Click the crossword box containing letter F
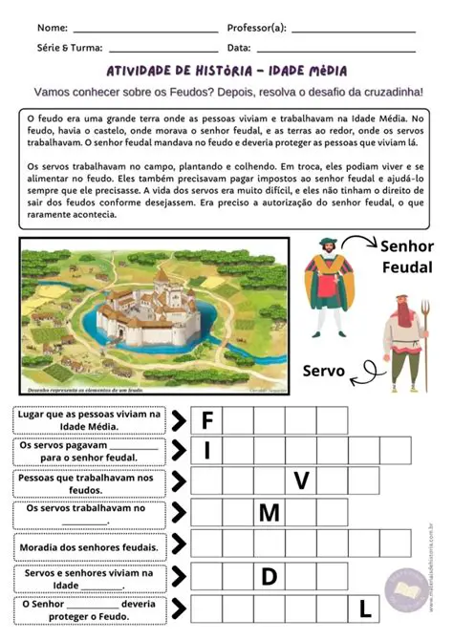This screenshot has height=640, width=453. tap(206, 420)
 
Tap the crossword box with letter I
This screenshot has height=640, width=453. tap(206, 450)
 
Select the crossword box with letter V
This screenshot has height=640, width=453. tap(301, 481)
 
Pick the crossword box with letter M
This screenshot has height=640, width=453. tap(269, 514)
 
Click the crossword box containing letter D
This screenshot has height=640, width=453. tap(269, 576)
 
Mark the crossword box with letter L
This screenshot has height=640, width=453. tap(364, 608)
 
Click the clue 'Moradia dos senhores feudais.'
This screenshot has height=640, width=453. tap(87, 546)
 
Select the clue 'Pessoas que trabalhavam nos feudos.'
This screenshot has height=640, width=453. tap(87, 483)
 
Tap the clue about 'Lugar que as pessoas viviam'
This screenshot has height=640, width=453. tap(87, 420)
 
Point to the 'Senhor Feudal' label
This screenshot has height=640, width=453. tap(407, 256)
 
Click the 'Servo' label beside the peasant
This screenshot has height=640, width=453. tap(323, 371)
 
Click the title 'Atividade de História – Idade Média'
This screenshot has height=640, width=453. tap(226, 72)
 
